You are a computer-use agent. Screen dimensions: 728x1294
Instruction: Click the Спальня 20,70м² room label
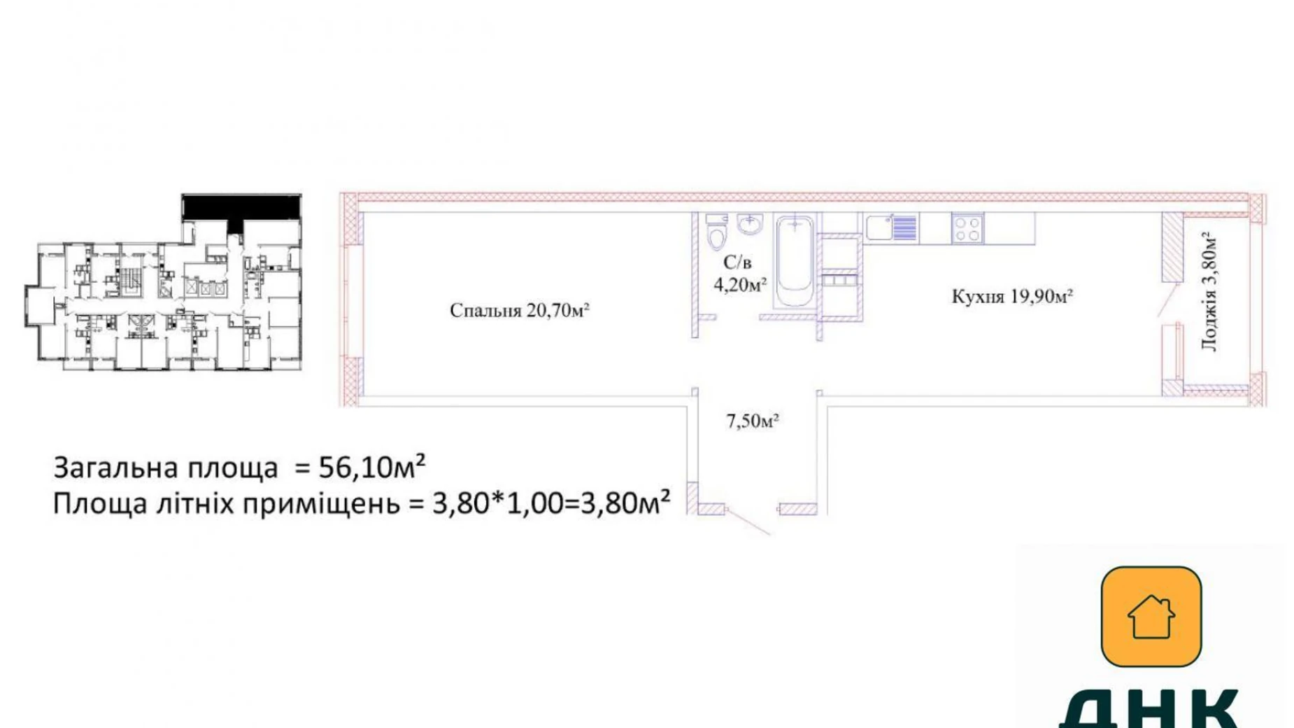[519, 310]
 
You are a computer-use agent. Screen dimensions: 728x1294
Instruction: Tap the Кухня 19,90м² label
[1011, 297]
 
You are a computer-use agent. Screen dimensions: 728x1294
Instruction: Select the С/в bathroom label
[737, 262]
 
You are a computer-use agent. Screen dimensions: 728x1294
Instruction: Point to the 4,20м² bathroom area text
[740, 285]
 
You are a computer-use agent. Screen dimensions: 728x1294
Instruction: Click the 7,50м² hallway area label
[753, 421]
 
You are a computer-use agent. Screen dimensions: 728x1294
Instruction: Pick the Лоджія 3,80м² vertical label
[1210, 292]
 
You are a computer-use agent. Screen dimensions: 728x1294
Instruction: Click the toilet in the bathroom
[716, 232]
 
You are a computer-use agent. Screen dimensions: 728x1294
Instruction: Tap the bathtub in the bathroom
[795, 260]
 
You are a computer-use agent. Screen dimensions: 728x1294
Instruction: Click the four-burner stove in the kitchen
[967, 228]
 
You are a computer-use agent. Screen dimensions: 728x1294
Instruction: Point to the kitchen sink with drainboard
[890, 228]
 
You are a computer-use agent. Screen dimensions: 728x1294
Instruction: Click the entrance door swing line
[748, 522]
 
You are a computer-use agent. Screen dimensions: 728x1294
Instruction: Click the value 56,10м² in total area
[371, 467]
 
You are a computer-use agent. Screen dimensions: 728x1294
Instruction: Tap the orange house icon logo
[1151, 616]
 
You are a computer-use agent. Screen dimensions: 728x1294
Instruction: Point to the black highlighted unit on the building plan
[241, 207]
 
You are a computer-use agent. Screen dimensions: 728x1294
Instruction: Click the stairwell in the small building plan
[131, 280]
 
